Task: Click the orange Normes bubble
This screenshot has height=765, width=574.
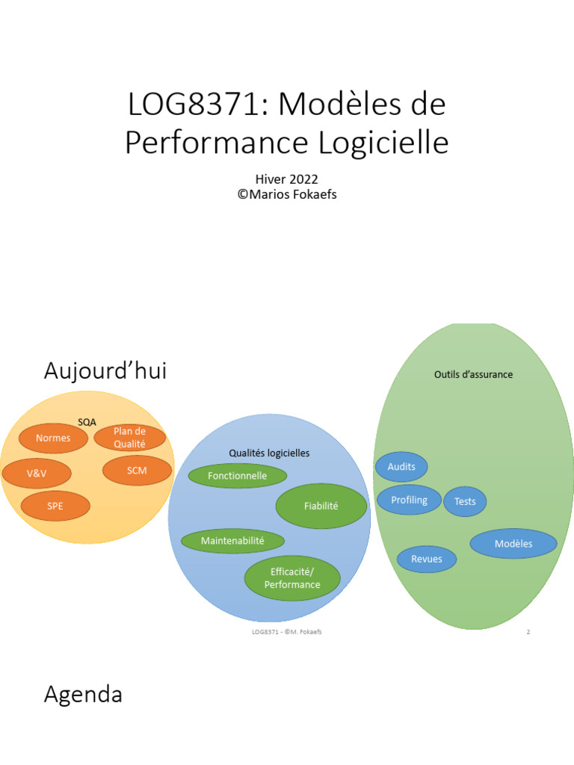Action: (x=53, y=439)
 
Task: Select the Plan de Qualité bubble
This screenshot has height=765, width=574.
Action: (x=129, y=438)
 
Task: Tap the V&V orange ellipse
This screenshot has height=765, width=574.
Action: (x=37, y=474)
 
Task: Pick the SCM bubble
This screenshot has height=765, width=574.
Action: (x=137, y=471)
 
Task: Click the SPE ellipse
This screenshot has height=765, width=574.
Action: (x=55, y=506)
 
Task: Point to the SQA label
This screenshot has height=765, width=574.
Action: (x=87, y=422)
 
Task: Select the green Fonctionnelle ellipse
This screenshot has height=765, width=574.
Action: (x=238, y=476)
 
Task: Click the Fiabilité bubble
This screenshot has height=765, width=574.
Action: (x=321, y=507)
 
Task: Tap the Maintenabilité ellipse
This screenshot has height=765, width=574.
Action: (x=232, y=540)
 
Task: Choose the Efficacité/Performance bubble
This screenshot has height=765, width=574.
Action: (x=292, y=578)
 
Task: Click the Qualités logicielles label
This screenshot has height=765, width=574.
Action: (x=269, y=453)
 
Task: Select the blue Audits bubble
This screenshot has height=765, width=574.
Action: (x=401, y=467)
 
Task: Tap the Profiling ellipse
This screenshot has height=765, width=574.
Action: (x=409, y=501)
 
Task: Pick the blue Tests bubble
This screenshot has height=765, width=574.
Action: (x=465, y=502)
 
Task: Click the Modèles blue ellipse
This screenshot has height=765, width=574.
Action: (x=513, y=544)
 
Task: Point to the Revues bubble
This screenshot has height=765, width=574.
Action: (x=426, y=559)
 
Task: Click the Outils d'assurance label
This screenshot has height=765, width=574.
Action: (x=473, y=374)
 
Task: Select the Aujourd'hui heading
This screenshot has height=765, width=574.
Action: (x=105, y=371)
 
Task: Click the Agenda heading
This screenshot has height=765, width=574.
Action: (x=83, y=695)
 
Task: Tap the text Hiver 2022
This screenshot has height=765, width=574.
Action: (x=287, y=179)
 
